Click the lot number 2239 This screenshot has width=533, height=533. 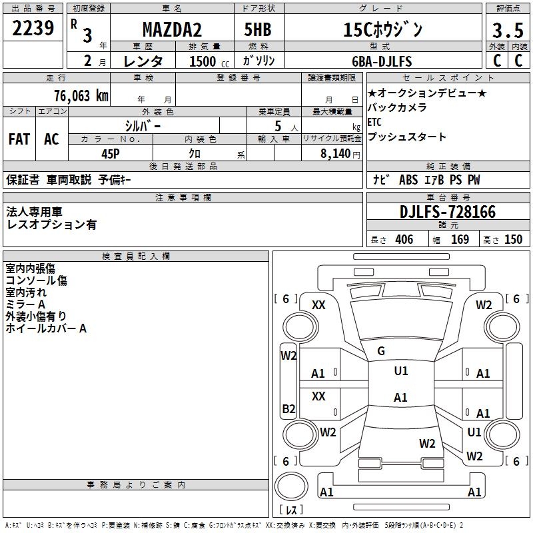(33, 29)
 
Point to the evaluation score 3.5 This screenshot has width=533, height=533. (506, 30)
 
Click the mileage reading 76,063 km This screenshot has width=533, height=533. (81, 95)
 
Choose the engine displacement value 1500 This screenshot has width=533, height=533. (203, 61)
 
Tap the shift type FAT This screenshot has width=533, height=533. (19, 139)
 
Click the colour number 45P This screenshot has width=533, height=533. (110, 153)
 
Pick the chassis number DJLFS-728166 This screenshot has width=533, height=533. (448, 212)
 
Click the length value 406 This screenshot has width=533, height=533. (404, 240)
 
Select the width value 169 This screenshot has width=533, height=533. (460, 240)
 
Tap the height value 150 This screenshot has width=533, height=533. (513, 240)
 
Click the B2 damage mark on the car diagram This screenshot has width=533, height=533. (288, 408)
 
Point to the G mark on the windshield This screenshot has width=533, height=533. (380, 351)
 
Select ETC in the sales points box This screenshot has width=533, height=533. (374, 123)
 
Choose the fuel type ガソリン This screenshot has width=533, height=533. (259, 61)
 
